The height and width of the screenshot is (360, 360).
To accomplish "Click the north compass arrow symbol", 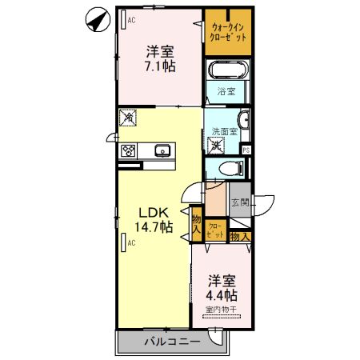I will (97, 19).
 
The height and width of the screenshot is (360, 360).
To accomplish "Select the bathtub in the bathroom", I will (228, 71).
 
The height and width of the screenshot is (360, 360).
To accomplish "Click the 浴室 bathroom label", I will (226, 92).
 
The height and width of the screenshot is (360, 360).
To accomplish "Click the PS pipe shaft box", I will (246, 149).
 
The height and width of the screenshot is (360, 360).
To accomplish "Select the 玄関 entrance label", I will (240, 202).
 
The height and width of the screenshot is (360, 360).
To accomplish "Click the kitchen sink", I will (162, 150).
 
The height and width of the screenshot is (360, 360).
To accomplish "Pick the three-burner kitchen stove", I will (129, 150).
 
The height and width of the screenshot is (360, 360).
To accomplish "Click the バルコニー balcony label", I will (172, 342).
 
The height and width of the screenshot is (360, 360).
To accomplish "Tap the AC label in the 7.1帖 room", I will (130, 21).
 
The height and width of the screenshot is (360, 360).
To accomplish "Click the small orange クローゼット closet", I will (215, 230).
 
